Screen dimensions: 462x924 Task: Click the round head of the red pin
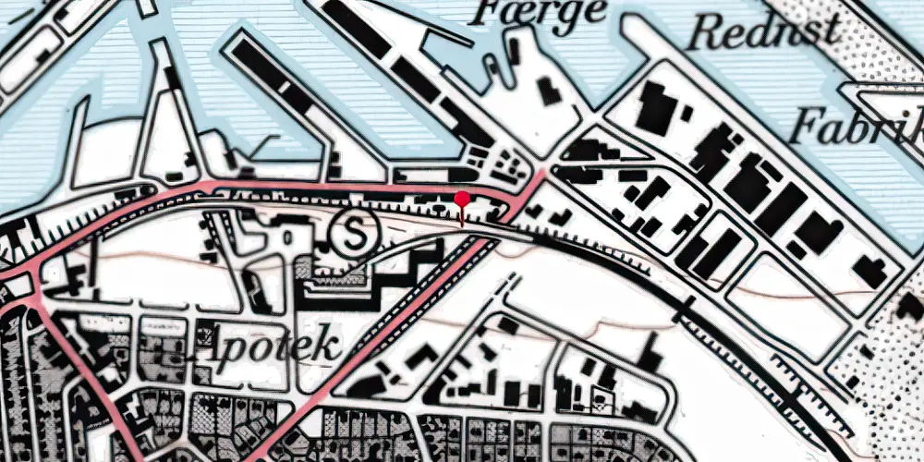coord(462,198)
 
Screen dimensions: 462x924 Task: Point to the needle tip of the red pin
coord(462,225)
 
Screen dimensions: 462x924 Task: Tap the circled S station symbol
coord(355,233)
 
